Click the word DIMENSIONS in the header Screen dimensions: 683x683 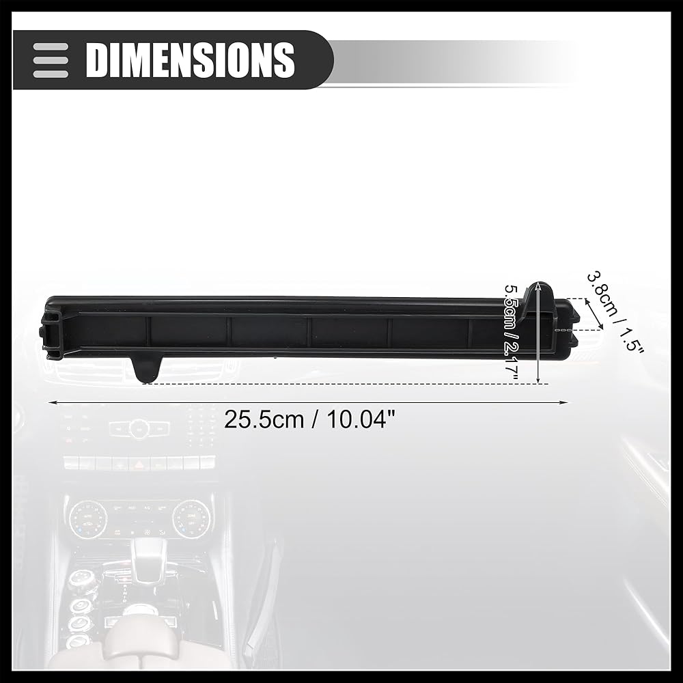point(191,59)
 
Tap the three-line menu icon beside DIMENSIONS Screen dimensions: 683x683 point(51,60)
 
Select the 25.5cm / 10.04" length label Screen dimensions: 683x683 point(309,420)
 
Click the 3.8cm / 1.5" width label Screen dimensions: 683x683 point(615,312)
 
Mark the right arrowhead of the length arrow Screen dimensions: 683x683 point(563,402)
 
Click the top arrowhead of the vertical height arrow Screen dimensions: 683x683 point(539,286)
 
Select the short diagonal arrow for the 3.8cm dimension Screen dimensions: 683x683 point(594,314)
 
